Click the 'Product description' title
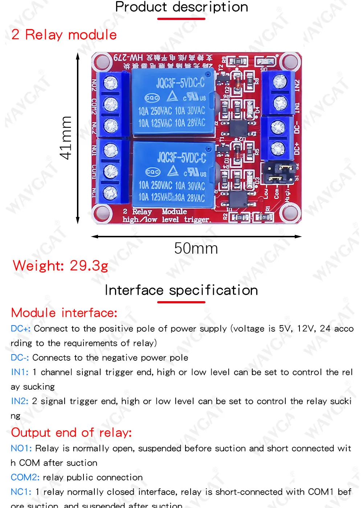(x=181, y=7)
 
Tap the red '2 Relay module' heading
(x=64, y=35)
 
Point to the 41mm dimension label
(x=66, y=138)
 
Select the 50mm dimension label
(x=196, y=249)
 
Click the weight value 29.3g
(x=89, y=266)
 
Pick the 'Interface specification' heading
(x=181, y=290)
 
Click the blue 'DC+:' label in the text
(x=21, y=329)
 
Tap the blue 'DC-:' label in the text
(x=20, y=358)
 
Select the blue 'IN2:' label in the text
(x=20, y=401)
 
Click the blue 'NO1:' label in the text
(x=21, y=448)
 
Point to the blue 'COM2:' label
(x=25, y=478)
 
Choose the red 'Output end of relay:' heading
(x=71, y=433)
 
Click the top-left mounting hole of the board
(x=102, y=61)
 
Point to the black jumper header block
(x=278, y=172)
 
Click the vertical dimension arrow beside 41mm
(x=78, y=138)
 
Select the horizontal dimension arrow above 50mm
(x=196, y=237)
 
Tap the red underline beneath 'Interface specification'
(x=181, y=302)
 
